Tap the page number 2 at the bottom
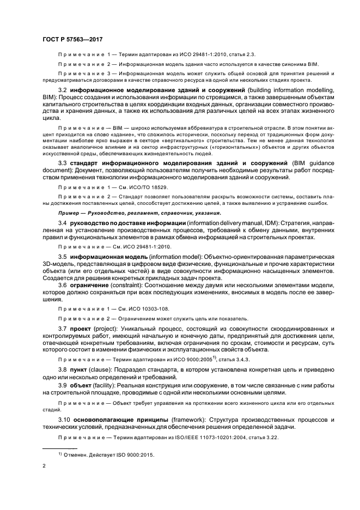44,466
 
